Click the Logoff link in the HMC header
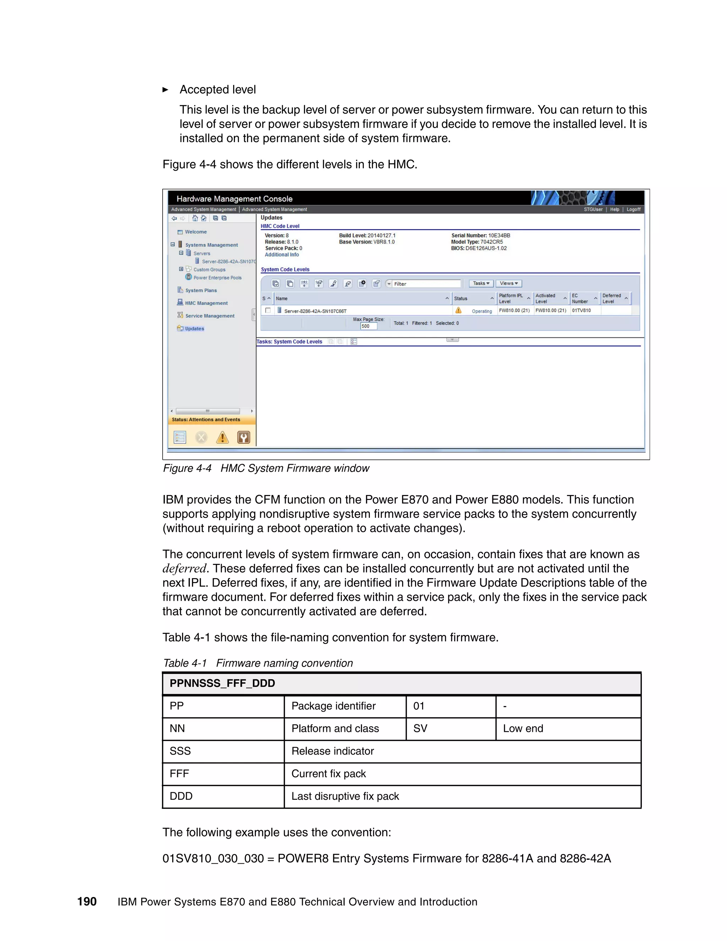pos(633,210)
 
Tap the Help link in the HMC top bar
pos(614,210)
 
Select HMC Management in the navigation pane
pos(206,303)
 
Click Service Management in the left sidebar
pos(209,316)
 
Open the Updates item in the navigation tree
pos(194,328)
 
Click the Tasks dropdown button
pos(481,283)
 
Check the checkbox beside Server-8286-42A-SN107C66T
pos(268,310)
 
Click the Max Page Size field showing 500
pos(368,326)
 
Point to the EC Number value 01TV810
pos(581,310)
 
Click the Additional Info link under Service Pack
pos(281,255)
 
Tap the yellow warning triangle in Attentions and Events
pos(222,438)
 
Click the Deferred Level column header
pos(612,299)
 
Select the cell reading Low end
pos(523,729)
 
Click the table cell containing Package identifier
pos(333,706)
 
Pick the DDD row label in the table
pos(181,796)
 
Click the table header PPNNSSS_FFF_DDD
pos(222,683)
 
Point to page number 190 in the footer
pos(87,902)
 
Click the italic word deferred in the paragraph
pos(184,569)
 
